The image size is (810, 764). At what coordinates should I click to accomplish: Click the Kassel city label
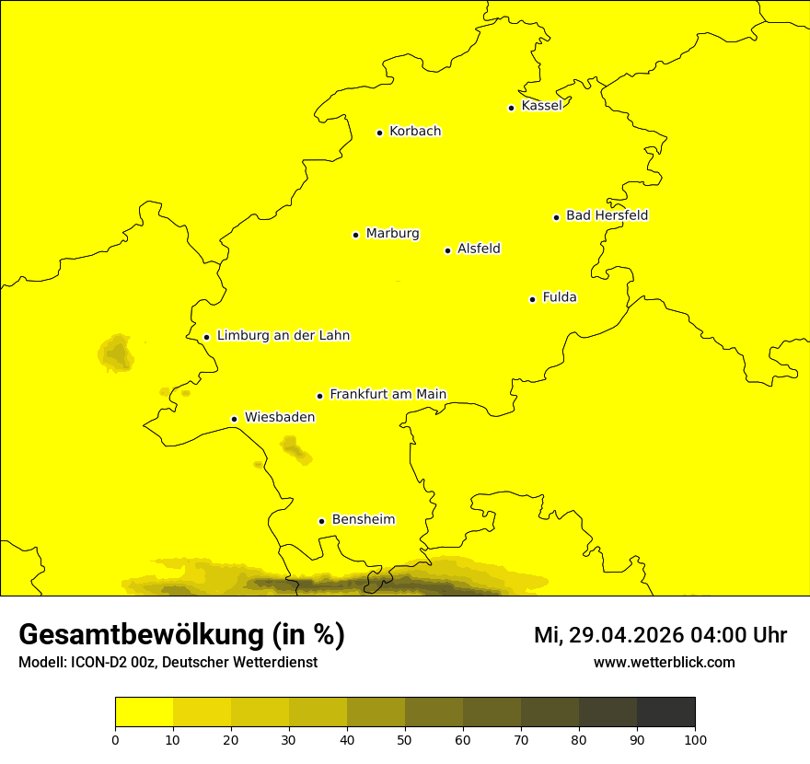tap(541, 106)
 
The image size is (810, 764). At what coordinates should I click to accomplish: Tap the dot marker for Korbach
tap(379, 133)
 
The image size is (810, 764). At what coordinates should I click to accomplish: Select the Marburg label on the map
tap(392, 234)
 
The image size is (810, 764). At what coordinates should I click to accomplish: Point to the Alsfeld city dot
tap(448, 250)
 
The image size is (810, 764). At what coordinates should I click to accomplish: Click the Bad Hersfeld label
tap(607, 215)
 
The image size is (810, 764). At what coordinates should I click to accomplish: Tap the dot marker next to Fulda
tap(532, 299)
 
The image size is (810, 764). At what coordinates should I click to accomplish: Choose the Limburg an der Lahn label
tap(283, 336)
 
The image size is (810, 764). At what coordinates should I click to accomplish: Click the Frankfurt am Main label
tap(388, 395)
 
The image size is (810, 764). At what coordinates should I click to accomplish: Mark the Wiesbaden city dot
tap(235, 420)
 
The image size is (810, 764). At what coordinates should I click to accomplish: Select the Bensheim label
tap(363, 520)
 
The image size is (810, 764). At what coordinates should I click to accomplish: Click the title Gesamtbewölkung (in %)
tap(181, 635)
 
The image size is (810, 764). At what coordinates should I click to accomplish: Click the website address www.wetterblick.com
tap(664, 663)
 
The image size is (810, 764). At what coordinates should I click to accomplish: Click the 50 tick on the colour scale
tap(405, 740)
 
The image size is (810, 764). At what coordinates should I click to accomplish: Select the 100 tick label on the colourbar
tap(695, 740)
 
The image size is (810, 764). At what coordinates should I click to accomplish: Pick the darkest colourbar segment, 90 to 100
tap(665, 712)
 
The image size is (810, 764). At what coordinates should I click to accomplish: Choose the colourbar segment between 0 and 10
tap(144, 712)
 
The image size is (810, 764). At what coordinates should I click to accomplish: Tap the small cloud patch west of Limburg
tap(116, 353)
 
